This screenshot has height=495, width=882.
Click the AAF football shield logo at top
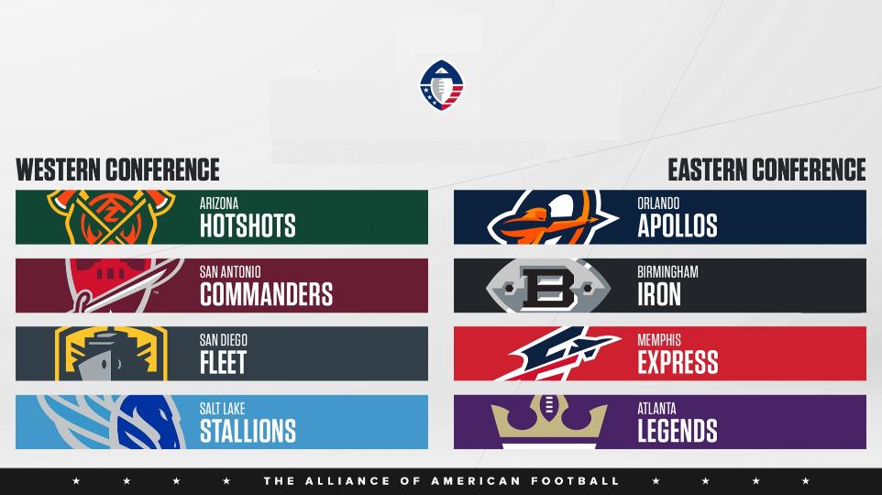coord(442,85)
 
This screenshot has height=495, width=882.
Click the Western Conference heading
coord(117,170)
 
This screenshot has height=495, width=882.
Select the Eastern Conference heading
coord(766,170)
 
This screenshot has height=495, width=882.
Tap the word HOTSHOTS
coord(248,225)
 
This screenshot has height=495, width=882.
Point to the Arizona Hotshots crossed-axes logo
coord(111,217)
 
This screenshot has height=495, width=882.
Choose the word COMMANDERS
coord(266,294)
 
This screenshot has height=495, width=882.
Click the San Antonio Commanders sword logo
coord(124,286)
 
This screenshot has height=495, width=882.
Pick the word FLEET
coord(224,362)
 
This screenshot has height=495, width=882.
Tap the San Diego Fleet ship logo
coord(111,354)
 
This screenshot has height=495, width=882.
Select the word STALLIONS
coord(248,431)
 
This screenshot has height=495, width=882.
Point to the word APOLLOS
coord(678,225)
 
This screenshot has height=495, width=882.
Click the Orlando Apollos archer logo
coord(552,217)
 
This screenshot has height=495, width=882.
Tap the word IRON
coord(658,294)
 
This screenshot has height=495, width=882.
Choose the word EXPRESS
coord(678,362)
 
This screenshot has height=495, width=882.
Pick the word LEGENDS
coord(678,431)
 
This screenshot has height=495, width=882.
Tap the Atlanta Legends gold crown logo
coord(549,422)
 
